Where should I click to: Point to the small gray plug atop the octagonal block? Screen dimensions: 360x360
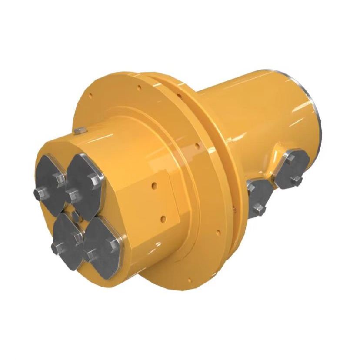pos(79,130)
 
